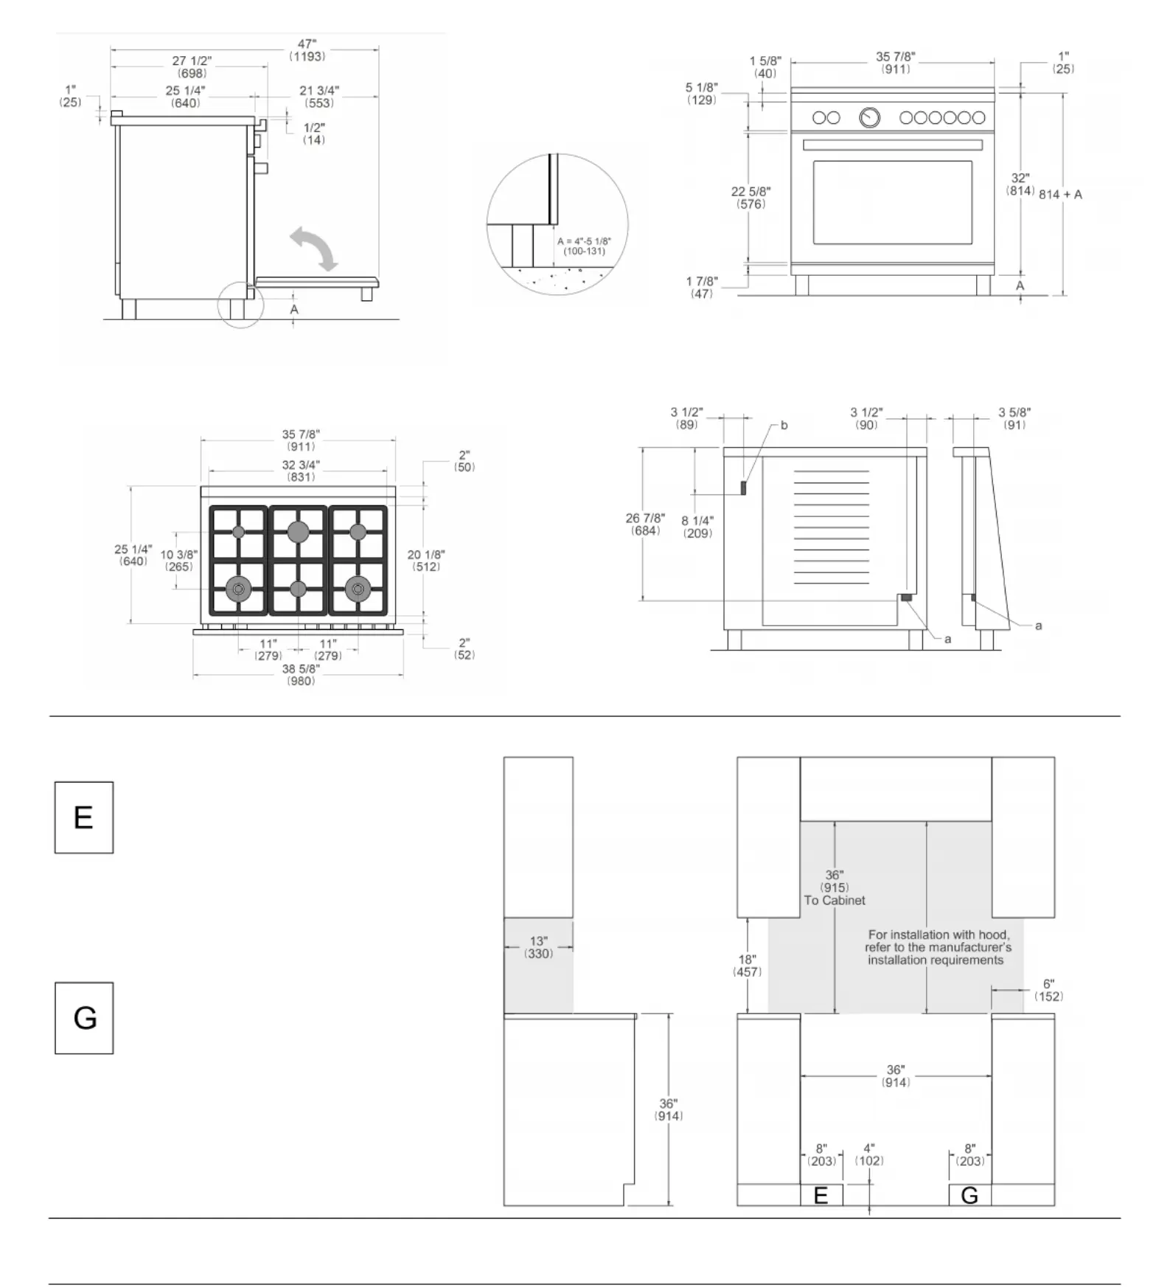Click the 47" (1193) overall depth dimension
point(307,50)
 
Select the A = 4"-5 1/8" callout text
point(584,246)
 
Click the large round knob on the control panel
point(870,117)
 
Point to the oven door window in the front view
point(892,202)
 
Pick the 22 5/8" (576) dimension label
point(751,198)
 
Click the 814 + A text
point(1060,195)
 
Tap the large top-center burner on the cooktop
point(299,531)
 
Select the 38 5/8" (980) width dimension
point(301,674)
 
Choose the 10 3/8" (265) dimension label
point(179,561)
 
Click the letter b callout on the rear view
point(784,426)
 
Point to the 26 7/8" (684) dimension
point(645,524)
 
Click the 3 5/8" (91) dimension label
point(1014,418)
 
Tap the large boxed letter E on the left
point(84,817)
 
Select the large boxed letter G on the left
point(84,1018)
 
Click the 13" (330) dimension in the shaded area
point(539,947)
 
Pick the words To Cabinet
point(835,900)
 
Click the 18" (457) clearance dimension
point(747,966)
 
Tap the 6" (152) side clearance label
point(1048,990)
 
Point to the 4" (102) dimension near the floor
point(869,1154)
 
